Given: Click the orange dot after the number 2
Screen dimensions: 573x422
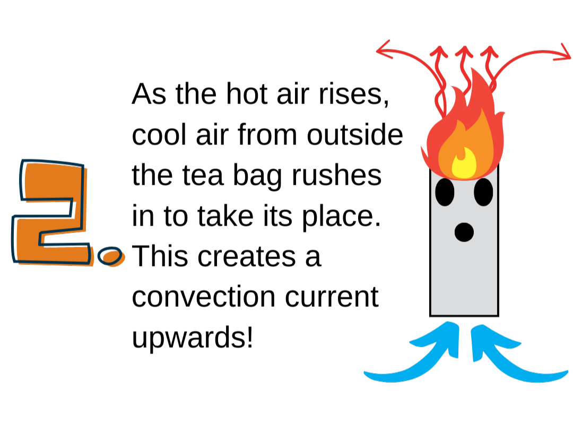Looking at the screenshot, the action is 111,257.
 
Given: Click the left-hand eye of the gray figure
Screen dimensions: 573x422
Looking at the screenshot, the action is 445,192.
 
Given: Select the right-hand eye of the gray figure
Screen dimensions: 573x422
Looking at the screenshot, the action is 483,192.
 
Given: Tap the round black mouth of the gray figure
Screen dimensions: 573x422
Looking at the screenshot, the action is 464,232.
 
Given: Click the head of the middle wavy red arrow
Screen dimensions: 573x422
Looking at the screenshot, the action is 464,51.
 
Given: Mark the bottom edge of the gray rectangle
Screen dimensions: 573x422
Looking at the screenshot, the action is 464,315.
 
